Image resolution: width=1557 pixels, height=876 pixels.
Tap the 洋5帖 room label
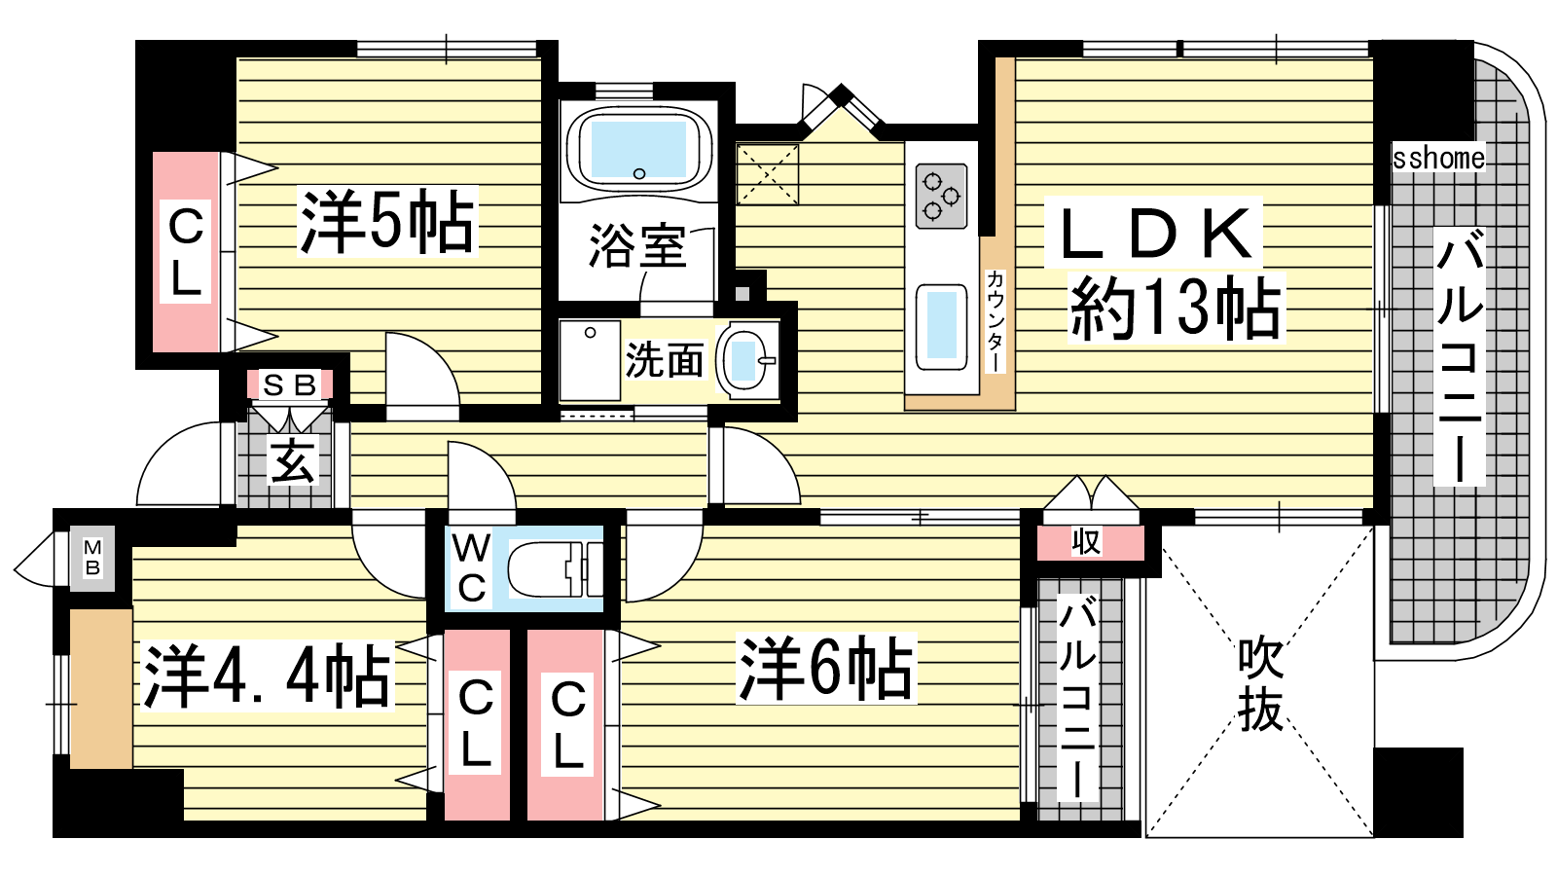(x=387, y=221)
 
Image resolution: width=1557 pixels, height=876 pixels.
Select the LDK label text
(x=1152, y=234)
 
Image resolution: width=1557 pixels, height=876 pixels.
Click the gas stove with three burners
(x=941, y=196)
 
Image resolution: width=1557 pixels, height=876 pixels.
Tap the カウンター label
(x=996, y=320)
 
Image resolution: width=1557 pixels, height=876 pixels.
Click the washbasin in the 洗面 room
(x=748, y=361)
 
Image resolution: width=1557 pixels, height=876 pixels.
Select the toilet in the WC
(x=556, y=569)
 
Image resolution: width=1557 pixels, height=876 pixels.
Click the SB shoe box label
(x=289, y=384)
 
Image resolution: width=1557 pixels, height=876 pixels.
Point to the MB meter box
(x=92, y=558)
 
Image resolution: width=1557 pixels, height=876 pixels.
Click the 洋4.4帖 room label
(x=267, y=675)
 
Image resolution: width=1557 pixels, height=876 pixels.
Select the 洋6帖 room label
(x=826, y=668)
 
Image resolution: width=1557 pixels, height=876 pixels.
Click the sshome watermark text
(x=1438, y=159)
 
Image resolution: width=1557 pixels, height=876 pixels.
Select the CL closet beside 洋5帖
(x=186, y=252)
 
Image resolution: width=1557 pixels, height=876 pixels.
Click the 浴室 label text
(x=637, y=245)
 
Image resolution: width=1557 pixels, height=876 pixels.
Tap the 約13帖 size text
(x=1176, y=308)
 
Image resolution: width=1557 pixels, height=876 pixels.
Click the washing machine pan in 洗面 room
(x=590, y=360)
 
